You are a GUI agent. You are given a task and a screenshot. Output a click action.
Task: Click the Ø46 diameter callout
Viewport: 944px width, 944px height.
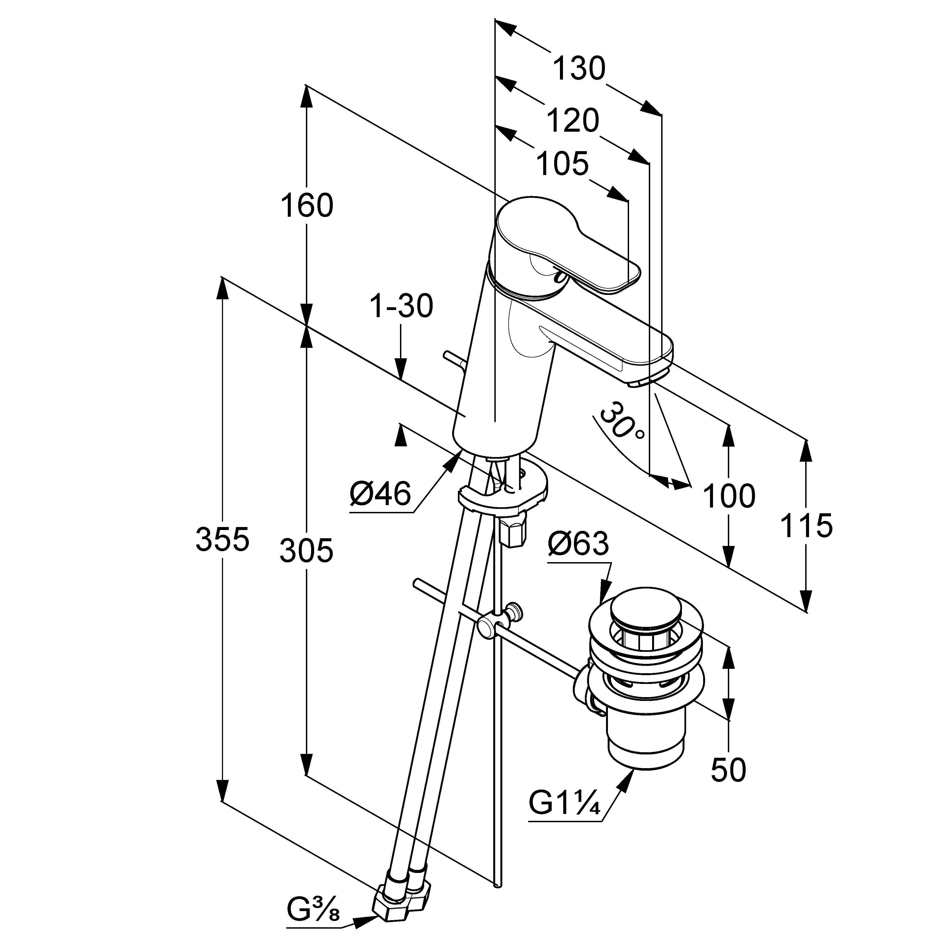[380, 494]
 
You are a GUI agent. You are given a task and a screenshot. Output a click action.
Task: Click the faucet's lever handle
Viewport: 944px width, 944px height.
[567, 244]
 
